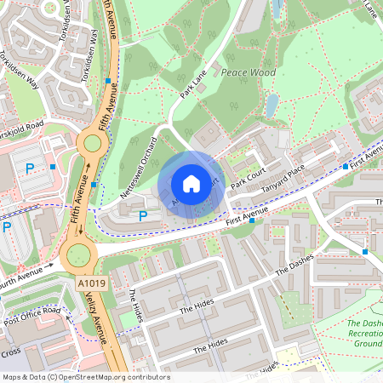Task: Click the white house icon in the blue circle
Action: pos(191,184)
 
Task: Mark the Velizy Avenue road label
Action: pos(100,319)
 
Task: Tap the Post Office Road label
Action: pos(32,317)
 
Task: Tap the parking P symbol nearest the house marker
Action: pos(143,217)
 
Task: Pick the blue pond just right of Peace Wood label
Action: pos(271,106)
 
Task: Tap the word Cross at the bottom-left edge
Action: pos(10,352)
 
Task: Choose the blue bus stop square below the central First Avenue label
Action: pos(252,220)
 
